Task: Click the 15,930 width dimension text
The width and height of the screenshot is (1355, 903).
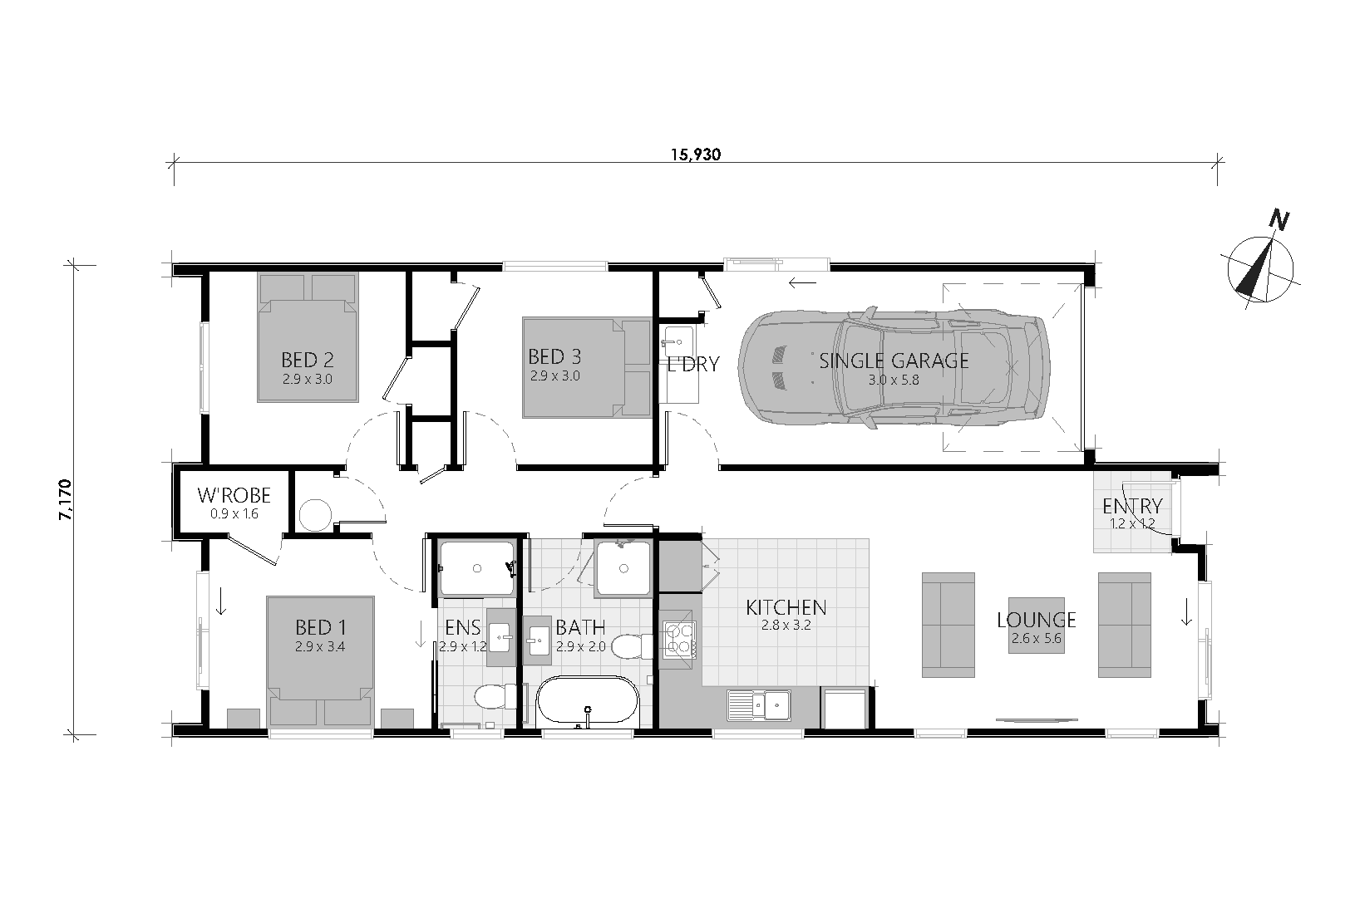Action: (696, 155)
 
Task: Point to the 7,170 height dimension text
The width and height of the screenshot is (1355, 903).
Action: (66, 500)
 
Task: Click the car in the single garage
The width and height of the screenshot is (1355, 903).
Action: (894, 368)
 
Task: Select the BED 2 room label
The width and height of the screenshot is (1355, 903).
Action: (308, 361)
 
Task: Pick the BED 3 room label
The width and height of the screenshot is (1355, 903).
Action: (554, 356)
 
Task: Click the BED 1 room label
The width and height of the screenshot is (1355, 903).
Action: (321, 626)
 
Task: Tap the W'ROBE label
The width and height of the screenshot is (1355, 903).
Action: (234, 496)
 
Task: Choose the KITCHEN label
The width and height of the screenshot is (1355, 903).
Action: (786, 606)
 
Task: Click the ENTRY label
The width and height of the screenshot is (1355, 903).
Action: (1132, 506)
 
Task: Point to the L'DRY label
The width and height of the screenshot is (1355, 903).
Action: (693, 364)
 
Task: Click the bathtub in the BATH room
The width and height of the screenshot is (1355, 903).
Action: (588, 701)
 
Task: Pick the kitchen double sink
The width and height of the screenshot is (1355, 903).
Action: (759, 704)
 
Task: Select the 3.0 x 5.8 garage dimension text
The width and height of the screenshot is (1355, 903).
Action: (894, 380)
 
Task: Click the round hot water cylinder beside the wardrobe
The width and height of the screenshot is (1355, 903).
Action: (315, 515)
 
